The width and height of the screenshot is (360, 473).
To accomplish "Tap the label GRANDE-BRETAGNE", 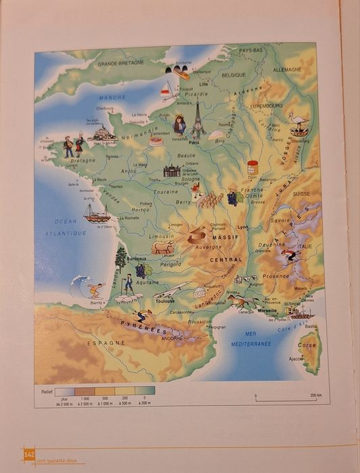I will (x=120, y=63).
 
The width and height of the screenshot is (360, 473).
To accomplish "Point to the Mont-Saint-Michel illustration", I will (x=102, y=134).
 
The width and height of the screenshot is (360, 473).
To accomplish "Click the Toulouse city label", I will (x=164, y=300).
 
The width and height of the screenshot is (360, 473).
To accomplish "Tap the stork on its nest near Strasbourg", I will (x=298, y=123).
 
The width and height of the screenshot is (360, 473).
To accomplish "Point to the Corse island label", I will (x=307, y=344).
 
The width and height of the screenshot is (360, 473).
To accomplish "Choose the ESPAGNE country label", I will (x=106, y=343).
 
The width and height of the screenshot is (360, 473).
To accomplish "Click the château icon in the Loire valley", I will (x=172, y=171).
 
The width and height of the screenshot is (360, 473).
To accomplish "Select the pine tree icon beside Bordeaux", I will (x=120, y=257).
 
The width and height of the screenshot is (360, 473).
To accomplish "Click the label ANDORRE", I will (x=172, y=338).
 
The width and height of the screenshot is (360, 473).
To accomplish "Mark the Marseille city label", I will (x=267, y=311).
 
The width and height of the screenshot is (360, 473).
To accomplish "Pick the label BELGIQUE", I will (x=233, y=74).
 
